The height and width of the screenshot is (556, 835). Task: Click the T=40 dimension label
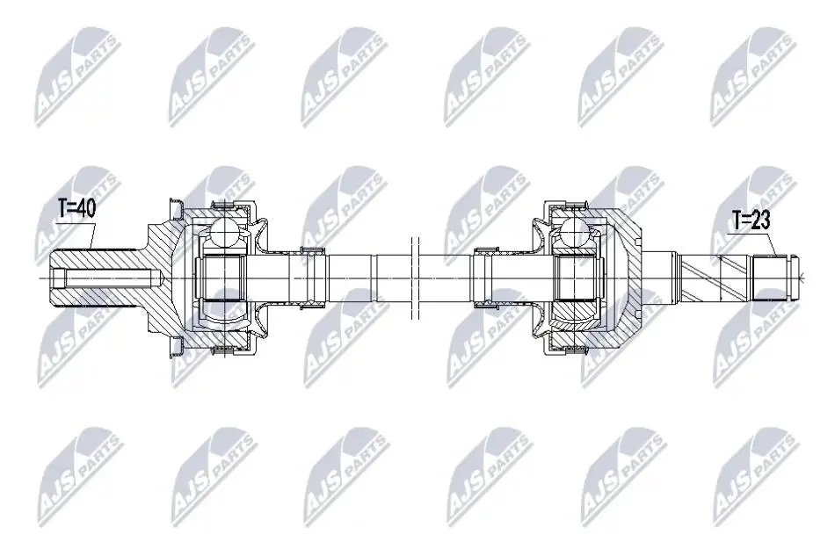(76, 209)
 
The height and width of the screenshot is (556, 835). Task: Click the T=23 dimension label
(751, 220)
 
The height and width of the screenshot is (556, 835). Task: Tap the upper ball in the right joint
(577, 230)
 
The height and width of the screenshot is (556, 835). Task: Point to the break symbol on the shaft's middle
(416, 278)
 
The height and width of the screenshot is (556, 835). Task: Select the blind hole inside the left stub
(107, 278)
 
